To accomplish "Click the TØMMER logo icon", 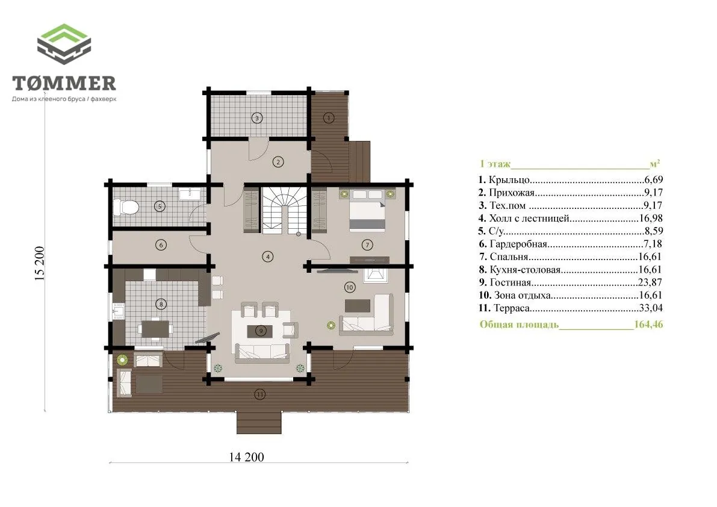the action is click(64, 44).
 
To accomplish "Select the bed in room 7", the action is click(367, 210).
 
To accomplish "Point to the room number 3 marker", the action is click(257, 118).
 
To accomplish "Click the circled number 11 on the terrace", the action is click(259, 394).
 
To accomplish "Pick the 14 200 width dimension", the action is click(246, 456).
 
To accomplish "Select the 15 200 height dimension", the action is click(40, 263).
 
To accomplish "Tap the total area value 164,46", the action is click(648, 324).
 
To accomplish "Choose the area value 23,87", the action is click(650, 282).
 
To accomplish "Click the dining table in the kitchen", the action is click(155, 328).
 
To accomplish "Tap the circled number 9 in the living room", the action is click(261, 331).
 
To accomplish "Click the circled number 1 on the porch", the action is click(329, 118).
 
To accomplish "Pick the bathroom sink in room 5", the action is click(189, 194).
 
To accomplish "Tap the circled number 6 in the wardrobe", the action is click(161, 245).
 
